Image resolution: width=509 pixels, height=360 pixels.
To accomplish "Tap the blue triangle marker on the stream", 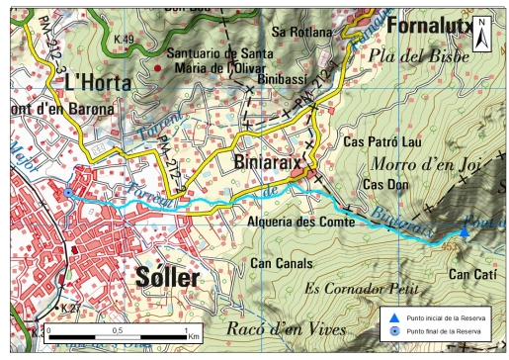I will click(x=464, y=231).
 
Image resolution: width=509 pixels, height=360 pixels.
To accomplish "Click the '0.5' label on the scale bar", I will click(x=118, y=329).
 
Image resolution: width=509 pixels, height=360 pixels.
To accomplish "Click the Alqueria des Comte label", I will click(x=292, y=223).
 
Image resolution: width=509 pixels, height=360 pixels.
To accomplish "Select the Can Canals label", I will click(x=281, y=264).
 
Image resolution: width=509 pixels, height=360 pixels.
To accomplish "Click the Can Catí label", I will click(x=471, y=273).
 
